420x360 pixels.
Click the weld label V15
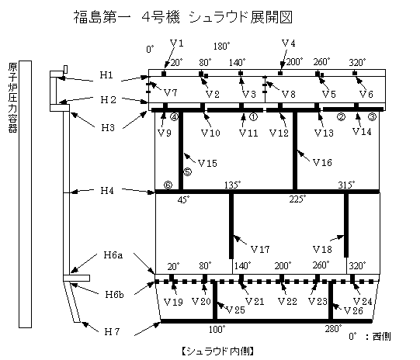(x=207, y=163)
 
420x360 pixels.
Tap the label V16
(x=322, y=162)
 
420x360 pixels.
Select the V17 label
(x=260, y=250)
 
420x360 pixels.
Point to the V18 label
(x=322, y=250)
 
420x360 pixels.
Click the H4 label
(x=107, y=191)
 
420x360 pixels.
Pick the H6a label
(x=113, y=254)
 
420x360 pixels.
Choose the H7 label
(x=112, y=332)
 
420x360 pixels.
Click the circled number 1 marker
(x=253, y=116)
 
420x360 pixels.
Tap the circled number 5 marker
(x=188, y=171)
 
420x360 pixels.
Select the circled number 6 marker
(x=168, y=185)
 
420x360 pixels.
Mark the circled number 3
(x=373, y=116)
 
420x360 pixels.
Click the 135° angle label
(x=233, y=185)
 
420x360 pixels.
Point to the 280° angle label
(x=334, y=328)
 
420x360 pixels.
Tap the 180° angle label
(x=222, y=46)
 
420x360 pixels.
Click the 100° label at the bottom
(x=217, y=329)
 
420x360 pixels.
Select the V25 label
(x=235, y=310)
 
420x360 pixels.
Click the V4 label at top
(x=289, y=43)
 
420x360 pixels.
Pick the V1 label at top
(x=177, y=43)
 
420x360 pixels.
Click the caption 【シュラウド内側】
(x=217, y=351)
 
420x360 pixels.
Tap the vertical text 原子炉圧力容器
(x=12, y=98)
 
